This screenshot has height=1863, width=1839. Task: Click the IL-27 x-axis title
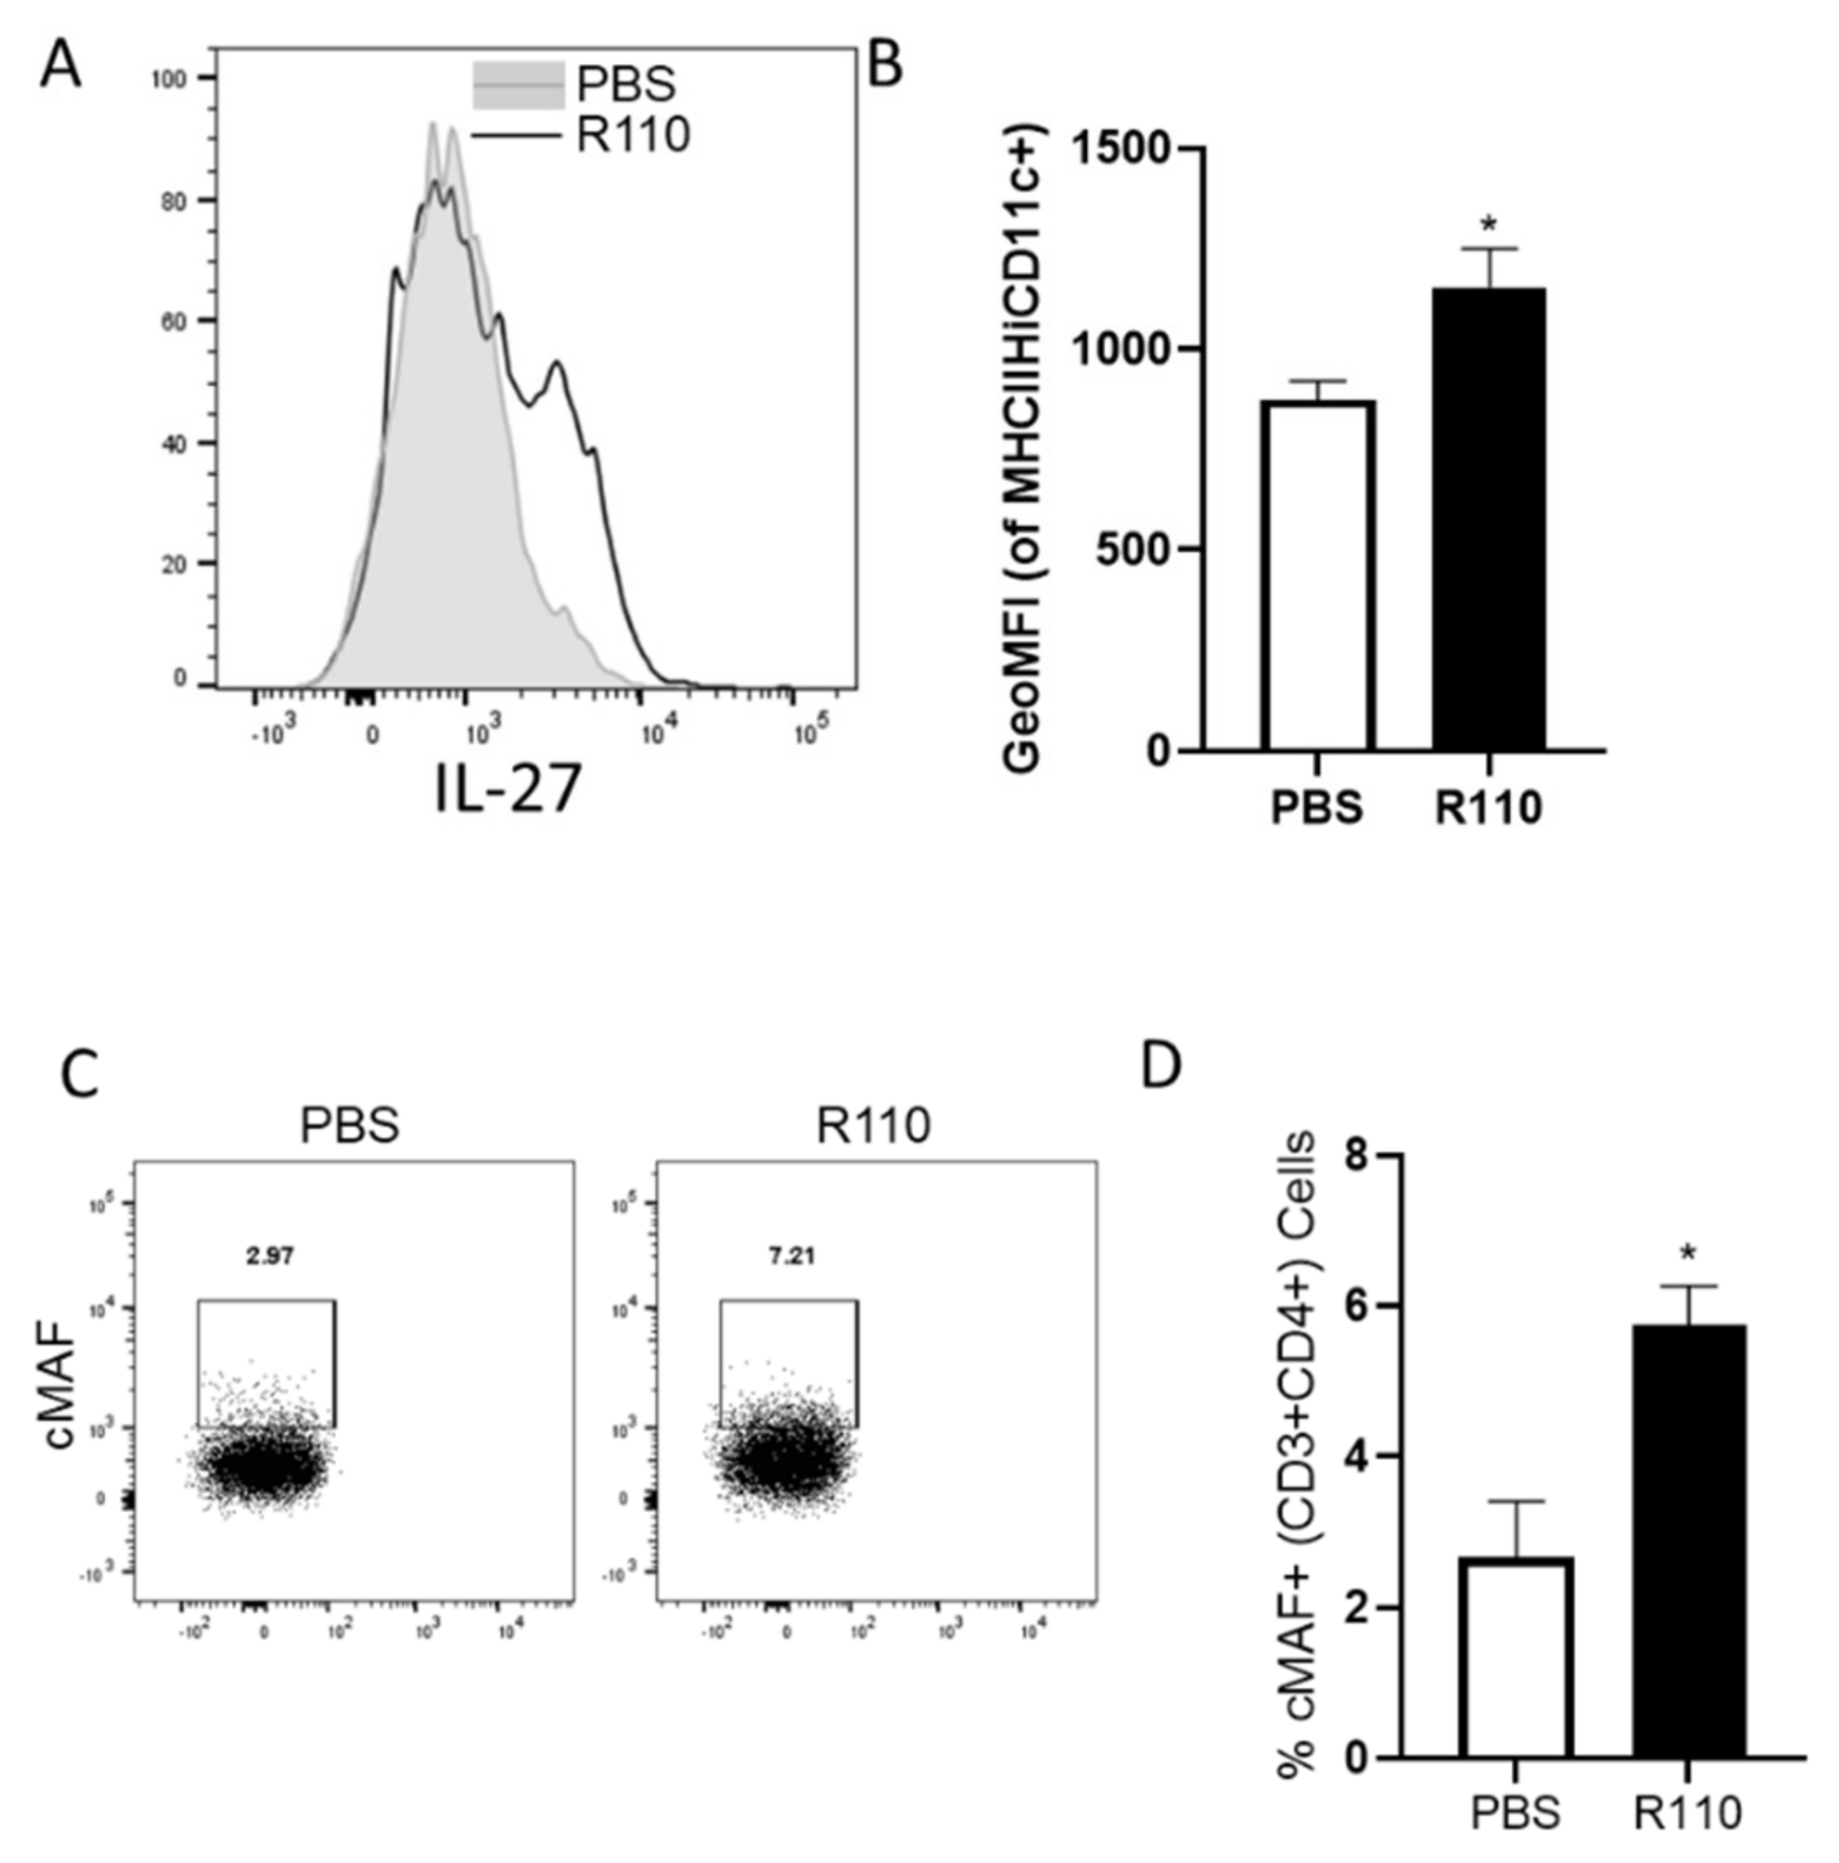pyautogui.click(x=508, y=788)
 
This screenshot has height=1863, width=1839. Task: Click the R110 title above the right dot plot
pyautogui.click(x=874, y=1125)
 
